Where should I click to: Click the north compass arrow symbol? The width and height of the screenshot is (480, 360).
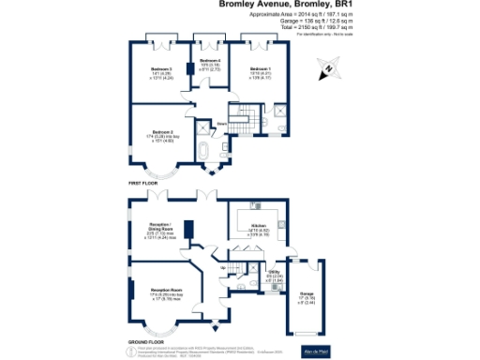(329, 67)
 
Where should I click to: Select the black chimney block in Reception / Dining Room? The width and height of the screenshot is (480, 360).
(188, 230)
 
